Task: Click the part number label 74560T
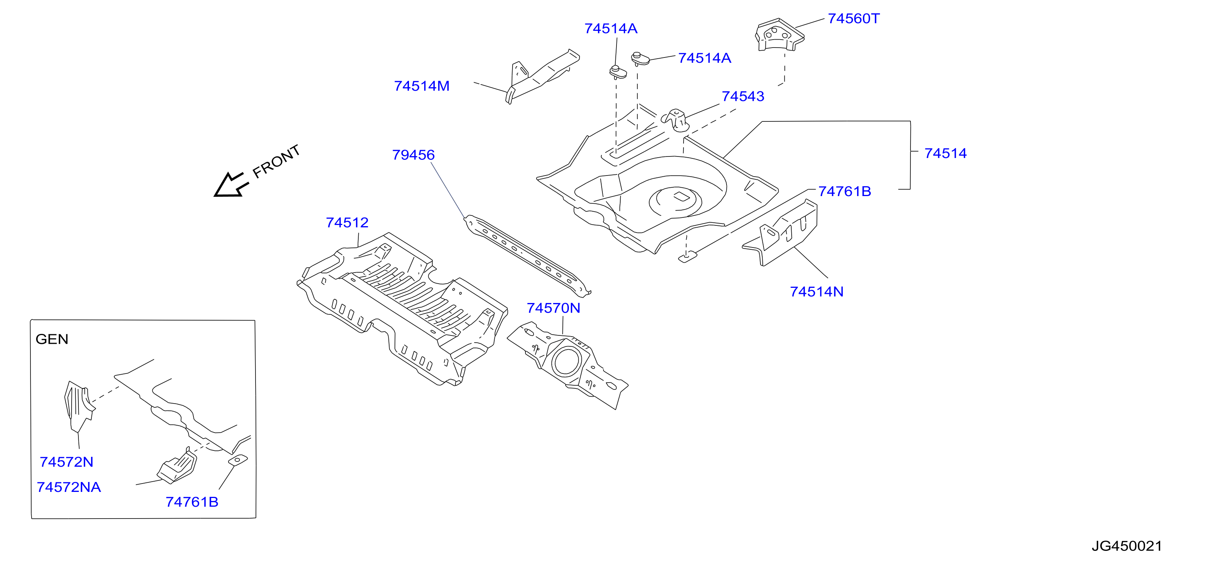853,19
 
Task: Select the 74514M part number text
422,86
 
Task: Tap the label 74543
743,97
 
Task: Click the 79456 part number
414,155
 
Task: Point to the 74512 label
347,222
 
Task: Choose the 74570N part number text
553,308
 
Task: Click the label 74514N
817,292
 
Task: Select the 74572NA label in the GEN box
69,487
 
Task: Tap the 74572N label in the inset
67,462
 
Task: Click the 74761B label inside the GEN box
192,502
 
